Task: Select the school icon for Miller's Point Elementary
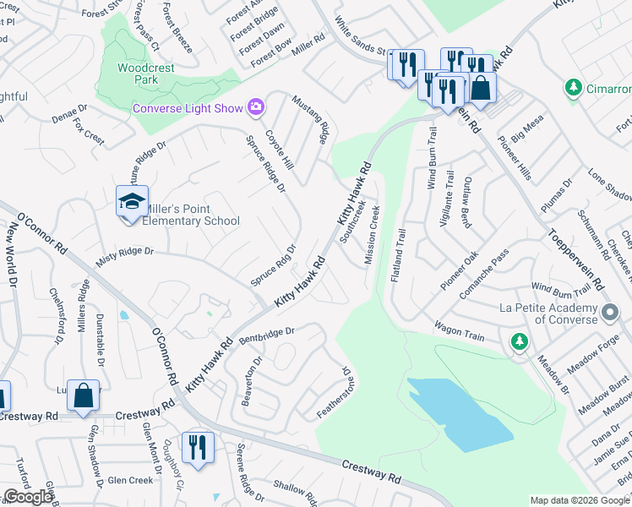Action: tap(132, 202)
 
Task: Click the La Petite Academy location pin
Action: tap(609, 314)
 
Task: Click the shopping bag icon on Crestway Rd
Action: tap(84, 395)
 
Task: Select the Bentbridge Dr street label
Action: tap(265, 335)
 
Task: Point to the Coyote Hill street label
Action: tap(279, 149)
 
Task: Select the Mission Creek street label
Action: tap(372, 234)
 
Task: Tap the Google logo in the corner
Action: tap(28, 497)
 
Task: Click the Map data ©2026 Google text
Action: tap(580, 500)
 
